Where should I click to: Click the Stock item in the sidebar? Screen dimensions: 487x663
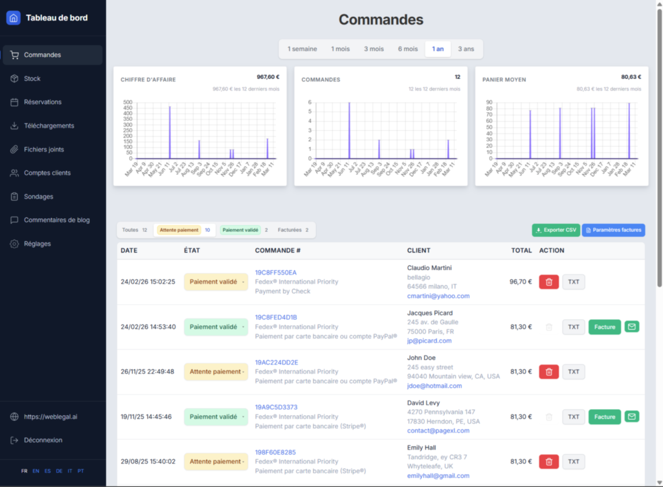coord(32,78)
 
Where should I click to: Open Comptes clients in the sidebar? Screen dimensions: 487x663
coord(47,173)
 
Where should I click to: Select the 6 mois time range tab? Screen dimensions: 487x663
coord(408,49)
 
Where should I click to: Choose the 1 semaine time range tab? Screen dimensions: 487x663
coord(302,49)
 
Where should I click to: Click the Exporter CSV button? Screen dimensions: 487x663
coord(556,230)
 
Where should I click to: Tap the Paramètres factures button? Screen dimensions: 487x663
coord(613,230)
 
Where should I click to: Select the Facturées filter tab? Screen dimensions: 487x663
coord(293,230)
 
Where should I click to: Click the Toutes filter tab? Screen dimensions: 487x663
coord(135,230)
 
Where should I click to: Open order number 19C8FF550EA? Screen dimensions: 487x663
coord(276,273)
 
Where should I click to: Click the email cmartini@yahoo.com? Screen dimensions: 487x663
coord(438,296)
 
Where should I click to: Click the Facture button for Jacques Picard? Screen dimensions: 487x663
coord(604,327)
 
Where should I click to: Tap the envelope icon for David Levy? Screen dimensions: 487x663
coord(631,416)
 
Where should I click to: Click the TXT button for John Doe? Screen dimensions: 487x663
coord(573,372)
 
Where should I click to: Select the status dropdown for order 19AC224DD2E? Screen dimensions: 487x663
coord(216,372)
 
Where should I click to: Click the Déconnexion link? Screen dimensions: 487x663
coord(43,440)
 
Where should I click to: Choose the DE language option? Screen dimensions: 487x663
coord(60,471)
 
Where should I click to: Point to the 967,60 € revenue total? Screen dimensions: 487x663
coord(268,76)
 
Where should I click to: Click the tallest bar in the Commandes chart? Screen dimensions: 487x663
coord(350,130)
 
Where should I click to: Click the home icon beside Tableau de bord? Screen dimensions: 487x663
coord(14,18)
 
